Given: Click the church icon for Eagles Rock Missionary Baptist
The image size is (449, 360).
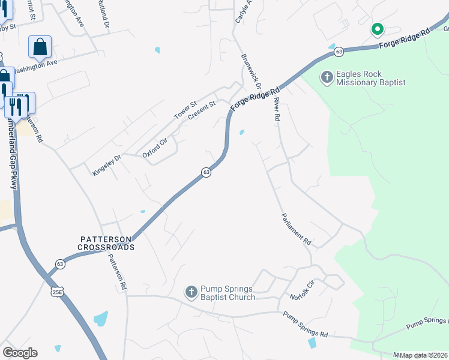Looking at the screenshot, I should pos(327,77).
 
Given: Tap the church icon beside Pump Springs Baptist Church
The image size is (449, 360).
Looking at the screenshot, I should pos(191,292).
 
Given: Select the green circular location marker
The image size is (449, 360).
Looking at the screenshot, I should pos(377,29).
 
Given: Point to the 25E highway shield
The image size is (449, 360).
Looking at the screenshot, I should pos(56,292).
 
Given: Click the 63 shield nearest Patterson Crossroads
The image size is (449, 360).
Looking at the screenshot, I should pos(60,263).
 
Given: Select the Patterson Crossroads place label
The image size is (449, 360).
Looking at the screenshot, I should pos(107,242).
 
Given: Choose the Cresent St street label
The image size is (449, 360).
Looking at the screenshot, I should pos(201,110).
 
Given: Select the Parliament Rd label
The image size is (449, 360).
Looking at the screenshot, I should pos(297,230).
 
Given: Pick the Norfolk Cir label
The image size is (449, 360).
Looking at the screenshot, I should pos(302,290).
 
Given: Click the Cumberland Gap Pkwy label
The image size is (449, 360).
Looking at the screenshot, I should pos(12,153).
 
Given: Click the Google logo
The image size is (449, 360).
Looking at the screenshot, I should pos(20,353).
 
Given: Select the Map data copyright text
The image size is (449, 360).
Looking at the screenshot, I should pos(424,355).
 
